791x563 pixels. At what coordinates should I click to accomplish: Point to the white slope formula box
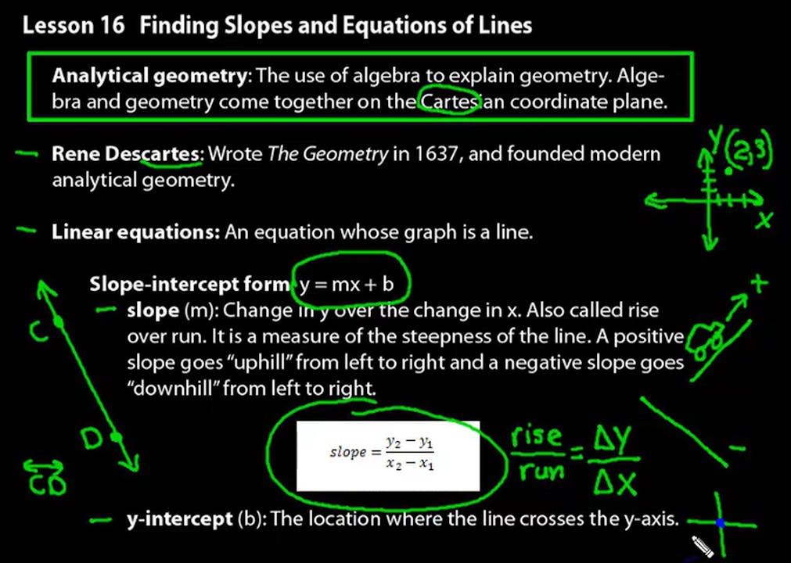tap(387, 456)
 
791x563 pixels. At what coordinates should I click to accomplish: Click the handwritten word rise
tap(537, 439)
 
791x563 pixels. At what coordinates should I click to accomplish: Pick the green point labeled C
tap(58, 321)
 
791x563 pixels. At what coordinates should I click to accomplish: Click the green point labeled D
tap(116, 438)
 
